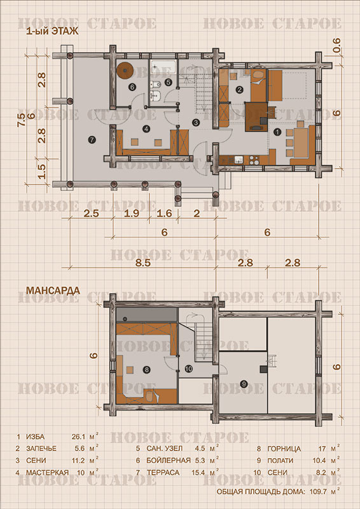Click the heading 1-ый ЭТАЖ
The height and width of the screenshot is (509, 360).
[x=52, y=32]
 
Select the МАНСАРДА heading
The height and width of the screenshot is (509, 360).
[x=53, y=290]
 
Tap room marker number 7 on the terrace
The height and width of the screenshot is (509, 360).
[x=92, y=140]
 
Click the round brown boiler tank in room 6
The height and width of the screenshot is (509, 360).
[x=125, y=70]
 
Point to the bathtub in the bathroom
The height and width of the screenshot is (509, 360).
[x=163, y=67]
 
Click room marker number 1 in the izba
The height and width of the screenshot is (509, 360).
[x=277, y=132]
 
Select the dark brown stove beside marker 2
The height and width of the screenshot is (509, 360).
[x=256, y=116]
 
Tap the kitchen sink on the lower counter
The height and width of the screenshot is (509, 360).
[x=239, y=160]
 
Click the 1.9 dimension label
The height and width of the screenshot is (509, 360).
[x=131, y=213]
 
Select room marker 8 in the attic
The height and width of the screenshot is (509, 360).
[x=147, y=370]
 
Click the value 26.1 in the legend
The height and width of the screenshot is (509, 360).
[x=78, y=436]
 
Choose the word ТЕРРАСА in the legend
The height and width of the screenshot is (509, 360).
[x=163, y=473]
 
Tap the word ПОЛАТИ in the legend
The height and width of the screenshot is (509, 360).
[x=280, y=461]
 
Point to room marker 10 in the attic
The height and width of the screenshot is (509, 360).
[x=189, y=368]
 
